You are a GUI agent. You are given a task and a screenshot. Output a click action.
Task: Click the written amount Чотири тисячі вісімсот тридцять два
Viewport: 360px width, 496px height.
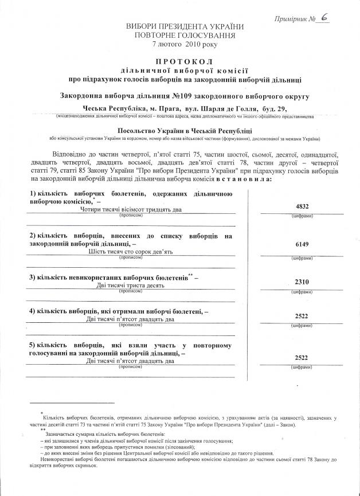click(132, 210)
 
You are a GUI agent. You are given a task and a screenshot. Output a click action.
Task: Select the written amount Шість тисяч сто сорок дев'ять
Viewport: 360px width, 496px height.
click(132, 251)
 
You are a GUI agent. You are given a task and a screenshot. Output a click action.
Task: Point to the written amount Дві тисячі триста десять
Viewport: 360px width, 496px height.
click(132, 285)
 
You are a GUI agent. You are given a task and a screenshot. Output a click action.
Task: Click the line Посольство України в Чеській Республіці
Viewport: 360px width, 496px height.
click(181, 131)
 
